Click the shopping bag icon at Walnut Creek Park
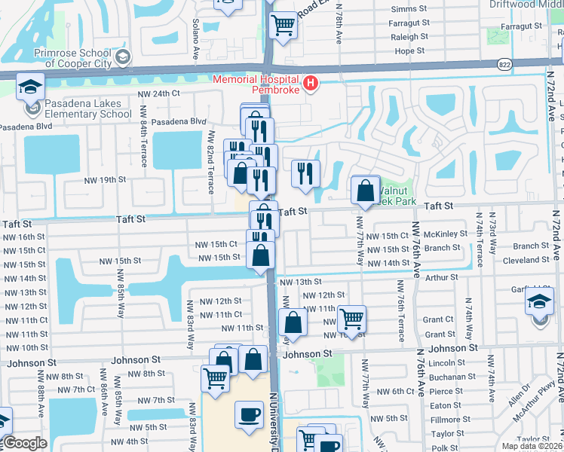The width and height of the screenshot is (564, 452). point(366,190)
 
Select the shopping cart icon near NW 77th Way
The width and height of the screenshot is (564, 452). point(351,319)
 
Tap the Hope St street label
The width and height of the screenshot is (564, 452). point(410,51)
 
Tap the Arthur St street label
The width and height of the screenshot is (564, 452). point(441,277)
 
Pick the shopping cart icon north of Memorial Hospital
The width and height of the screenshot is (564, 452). point(283,25)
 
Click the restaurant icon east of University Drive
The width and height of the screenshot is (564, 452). point(305,173)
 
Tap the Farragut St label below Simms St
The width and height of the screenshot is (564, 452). point(409,23)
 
